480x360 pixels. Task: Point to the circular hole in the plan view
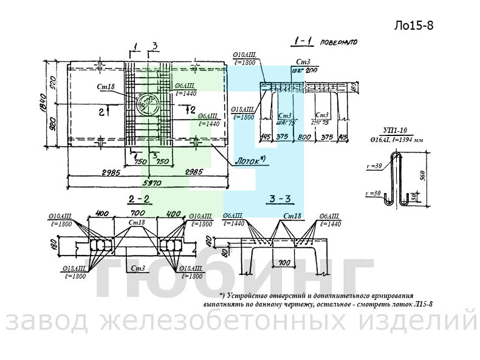(145, 103)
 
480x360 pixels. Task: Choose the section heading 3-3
(280, 199)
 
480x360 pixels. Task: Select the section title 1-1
(302, 42)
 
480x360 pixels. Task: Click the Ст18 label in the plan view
(106, 87)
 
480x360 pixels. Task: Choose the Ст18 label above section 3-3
(292, 216)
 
